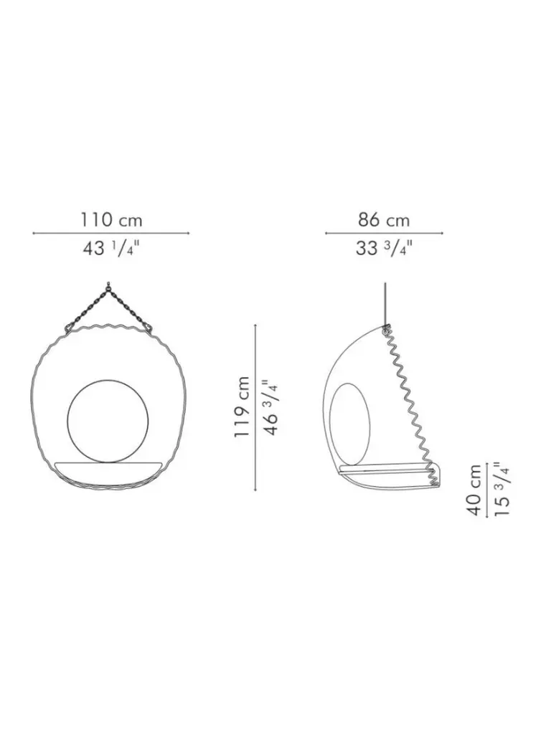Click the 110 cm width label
(111, 219)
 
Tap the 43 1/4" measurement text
(111, 248)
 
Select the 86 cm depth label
(384, 219)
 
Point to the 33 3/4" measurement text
(384, 248)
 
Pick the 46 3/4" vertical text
(272, 407)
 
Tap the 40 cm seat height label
(474, 490)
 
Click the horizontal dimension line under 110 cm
(111, 233)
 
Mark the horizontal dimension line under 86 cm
(385, 233)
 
